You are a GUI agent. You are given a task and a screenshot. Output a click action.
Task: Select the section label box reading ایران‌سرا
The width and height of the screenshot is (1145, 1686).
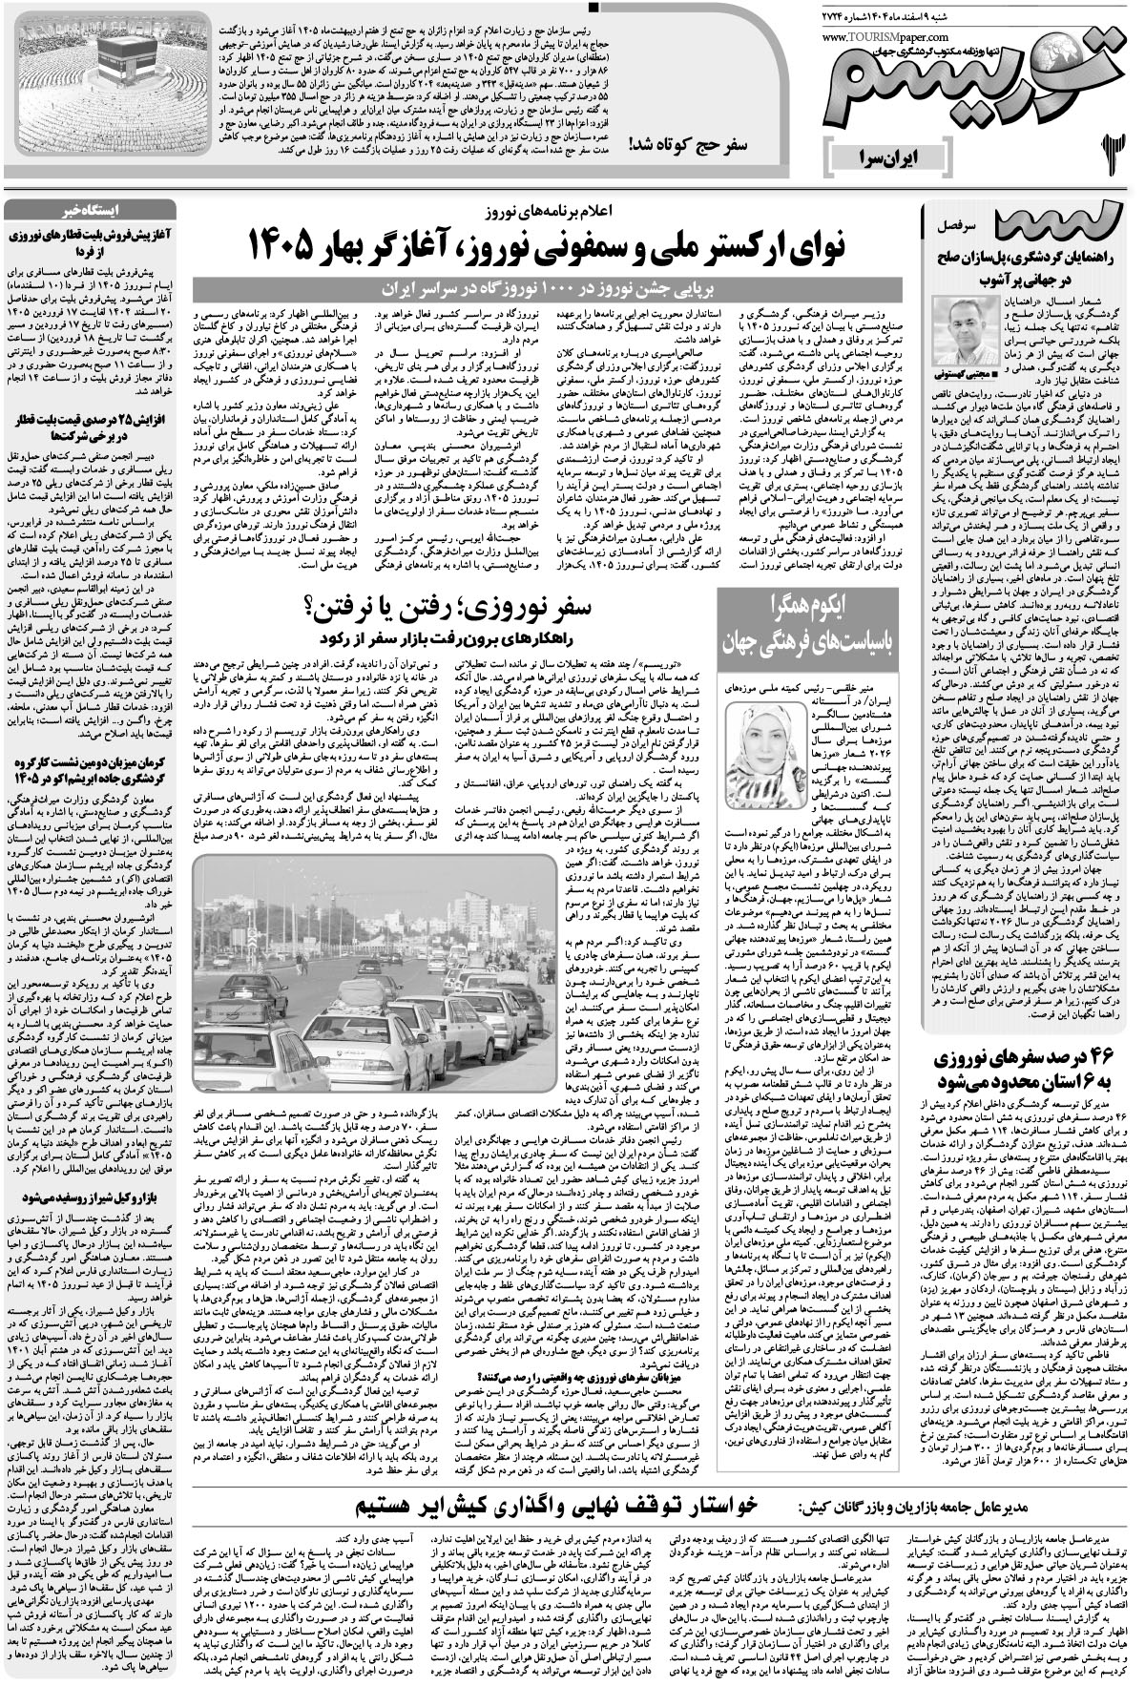(x=887, y=153)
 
